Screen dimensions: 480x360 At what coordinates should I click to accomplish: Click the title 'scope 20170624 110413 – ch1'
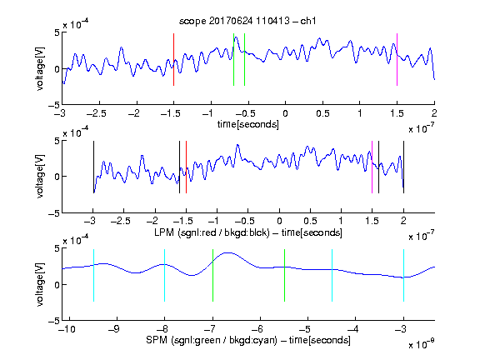pyautogui.click(x=247, y=21)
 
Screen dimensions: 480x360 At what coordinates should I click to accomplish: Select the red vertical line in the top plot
pyautogui.click(x=173, y=59)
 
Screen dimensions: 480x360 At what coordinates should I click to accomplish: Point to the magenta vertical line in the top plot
pyautogui.click(x=397, y=59)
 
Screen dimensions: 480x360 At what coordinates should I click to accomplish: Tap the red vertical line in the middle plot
pyautogui.click(x=186, y=167)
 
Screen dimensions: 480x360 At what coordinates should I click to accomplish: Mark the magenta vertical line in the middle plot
pyautogui.click(x=372, y=167)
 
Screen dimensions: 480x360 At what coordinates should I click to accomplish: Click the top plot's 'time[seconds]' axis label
pyautogui.click(x=248, y=124)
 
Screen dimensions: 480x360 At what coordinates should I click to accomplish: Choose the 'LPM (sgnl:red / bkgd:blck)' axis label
pyautogui.click(x=212, y=232)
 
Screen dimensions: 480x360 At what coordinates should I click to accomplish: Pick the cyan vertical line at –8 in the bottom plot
pyautogui.click(x=165, y=276)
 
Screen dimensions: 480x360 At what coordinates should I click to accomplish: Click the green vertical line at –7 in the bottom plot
pyautogui.click(x=212, y=276)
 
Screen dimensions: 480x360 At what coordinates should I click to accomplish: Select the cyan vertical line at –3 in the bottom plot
pyautogui.click(x=404, y=276)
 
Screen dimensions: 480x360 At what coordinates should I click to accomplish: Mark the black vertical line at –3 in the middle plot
pyautogui.click(x=93, y=167)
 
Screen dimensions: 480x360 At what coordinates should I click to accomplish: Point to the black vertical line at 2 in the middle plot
pyautogui.click(x=404, y=167)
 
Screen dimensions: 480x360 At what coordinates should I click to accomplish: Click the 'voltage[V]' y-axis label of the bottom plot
pyautogui.click(x=40, y=284)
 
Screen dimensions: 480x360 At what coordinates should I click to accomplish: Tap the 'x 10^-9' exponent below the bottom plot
pyautogui.click(x=422, y=344)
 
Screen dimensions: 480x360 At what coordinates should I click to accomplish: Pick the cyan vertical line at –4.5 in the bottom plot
pyautogui.click(x=332, y=276)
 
